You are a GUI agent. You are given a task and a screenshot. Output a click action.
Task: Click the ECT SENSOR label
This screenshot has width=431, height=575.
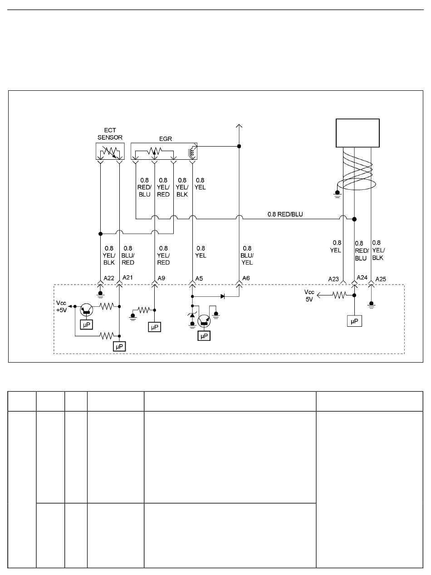pos(110,134)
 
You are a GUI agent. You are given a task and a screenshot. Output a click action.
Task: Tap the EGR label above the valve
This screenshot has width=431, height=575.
pos(166,139)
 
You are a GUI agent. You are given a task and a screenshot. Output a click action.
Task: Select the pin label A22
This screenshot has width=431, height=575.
pos(109,278)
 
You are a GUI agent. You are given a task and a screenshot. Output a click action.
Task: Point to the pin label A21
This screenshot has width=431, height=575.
pos(128,278)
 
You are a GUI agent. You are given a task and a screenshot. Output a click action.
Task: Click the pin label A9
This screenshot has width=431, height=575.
pos(162,278)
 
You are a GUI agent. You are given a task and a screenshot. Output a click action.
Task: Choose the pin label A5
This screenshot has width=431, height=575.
pos(199,279)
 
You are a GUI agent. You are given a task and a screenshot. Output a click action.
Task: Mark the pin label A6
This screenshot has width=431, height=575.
pos(246,278)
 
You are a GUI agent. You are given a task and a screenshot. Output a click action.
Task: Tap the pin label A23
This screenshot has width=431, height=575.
pos(333,279)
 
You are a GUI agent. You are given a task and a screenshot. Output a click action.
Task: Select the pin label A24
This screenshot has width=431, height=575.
pos(362,278)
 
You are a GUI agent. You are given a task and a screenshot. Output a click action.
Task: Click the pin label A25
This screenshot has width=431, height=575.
pos(381,279)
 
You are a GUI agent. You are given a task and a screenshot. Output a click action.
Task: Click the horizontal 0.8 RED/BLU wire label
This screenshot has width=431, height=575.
pos(285,214)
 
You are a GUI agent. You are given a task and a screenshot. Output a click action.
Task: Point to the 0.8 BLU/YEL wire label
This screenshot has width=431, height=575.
pos(247,256)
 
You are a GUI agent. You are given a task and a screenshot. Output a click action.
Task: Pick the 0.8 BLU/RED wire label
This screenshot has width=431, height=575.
pos(128,256)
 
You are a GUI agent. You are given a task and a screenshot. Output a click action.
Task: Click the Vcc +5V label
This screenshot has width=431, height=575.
pos(61,306)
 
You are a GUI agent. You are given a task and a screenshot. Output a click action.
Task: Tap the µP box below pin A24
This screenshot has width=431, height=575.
pos(354,321)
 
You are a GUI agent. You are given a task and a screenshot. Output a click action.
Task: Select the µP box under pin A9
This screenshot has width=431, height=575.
pos(155,327)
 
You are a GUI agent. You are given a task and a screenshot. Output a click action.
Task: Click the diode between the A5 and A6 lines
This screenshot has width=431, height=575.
pos(223,296)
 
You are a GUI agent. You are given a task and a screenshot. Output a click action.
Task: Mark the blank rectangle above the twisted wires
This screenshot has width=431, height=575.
pos(358,133)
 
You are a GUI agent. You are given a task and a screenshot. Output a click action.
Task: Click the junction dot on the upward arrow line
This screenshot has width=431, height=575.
pos(239,146)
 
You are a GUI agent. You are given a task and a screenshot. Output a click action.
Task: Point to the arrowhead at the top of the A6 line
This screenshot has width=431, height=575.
pos(239,126)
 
